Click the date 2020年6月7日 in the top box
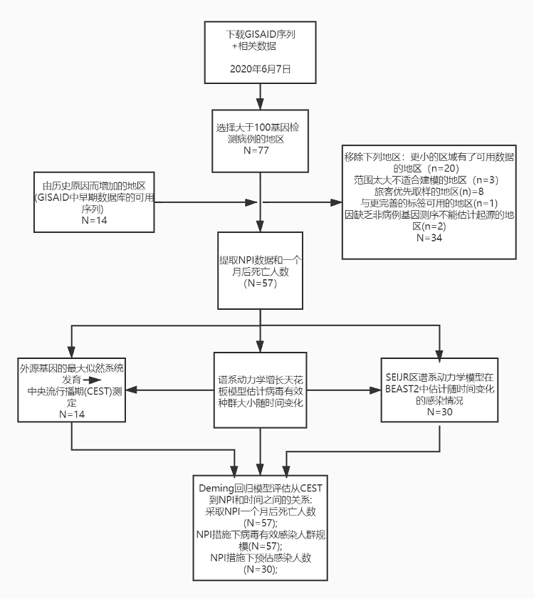pyautogui.click(x=261, y=69)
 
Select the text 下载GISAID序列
pyautogui.click(x=261, y=34)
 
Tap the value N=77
pyautogui.click(x=261, y=151)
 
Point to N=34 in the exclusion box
pyautogui.click(x=429, y=237)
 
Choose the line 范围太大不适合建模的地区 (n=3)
pyautogui.click(x=429, y=179)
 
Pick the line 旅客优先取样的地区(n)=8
pyautogui.click(x=429, y=191)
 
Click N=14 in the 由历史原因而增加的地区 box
pyautogui.click(x=93, y=221)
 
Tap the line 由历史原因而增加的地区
pyautogui.click(x=93, y=186)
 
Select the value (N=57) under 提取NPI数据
pyautogui.click(x=261, y=283)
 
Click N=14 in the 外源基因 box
pyautogui.click(x=72, y=414)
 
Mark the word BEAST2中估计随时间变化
pyautogui.click(x=439, y=389)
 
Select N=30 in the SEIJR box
pyautogui.click(x=439, y=412)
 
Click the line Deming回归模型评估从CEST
pyautogui.click(x=261, y=488)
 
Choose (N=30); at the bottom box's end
pyautogui.click(x=261, y=570)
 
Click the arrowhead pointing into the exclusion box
pyautogui.click(x=337, y=203)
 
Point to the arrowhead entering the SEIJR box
pyautogui.click(x=375, y=390)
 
